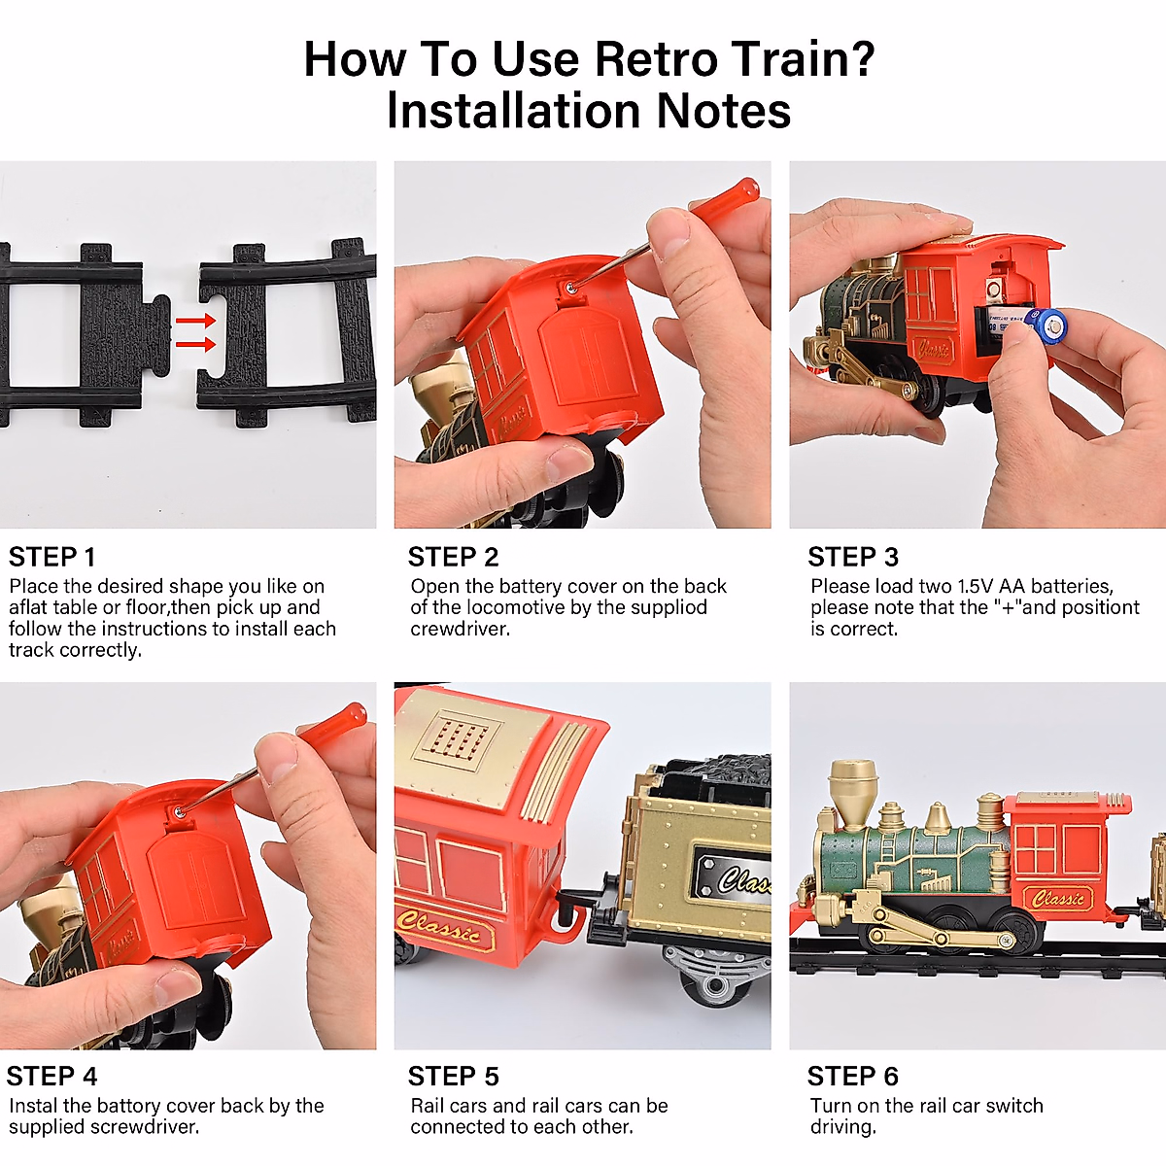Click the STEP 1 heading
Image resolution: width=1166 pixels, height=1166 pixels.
point(52,557)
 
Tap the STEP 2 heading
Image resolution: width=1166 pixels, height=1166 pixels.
point(453,557)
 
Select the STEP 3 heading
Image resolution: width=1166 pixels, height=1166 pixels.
point(853,557)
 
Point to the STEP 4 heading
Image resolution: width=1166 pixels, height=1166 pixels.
point(52,1077)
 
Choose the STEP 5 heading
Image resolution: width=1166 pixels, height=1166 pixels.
point(453,1077)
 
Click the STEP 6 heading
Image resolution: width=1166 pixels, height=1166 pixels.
point(853,1077)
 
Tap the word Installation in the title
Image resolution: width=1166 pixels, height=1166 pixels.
point(514,112)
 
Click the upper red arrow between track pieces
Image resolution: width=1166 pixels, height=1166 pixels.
point(195,321)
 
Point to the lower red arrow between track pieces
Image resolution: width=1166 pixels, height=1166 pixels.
point(195,345)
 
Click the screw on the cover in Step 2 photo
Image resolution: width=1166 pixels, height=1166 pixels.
point(570,289)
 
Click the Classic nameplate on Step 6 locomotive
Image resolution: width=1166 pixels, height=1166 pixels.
point(1058,898)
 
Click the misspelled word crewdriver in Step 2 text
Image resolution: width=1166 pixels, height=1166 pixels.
point(460,629)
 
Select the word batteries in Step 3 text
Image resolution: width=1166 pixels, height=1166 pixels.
point(1072,586)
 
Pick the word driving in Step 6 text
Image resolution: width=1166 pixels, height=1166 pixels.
point(842,1127)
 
